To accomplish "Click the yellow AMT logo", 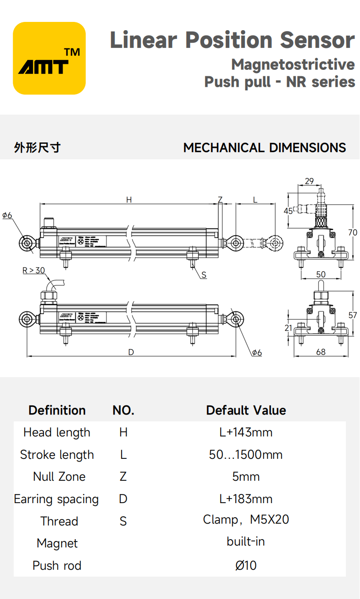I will pyautogui.click(x=49, y=58).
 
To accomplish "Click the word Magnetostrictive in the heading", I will pyautogui.click(x=293, y=64).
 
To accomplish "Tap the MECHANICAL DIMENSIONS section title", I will pyautogui.click(x=265, y=148).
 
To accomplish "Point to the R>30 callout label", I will pyautogui.click(x=34, y=270).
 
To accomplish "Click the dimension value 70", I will pyautogui.click(x=353, y=232).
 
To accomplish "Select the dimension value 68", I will pyautogui.click(x=321, y=352).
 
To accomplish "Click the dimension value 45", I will pyautogui.click(x=288, y=211).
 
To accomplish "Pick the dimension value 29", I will pyautogui.click(x=309, y=181).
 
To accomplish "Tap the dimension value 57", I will pyautogui.click(x=353, y=315).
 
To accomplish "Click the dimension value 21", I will pyautogui.click(x=288, y=328).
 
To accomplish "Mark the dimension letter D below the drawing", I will pyautogui.click(x=131, y=352).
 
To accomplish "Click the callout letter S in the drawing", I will pyautogui.click(x=204, y=275).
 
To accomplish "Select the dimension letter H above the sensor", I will pyautogui.click(x=129, y=200).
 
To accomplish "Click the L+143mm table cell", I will pyautogui.click(x=246, y=432).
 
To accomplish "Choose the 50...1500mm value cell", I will pyautogui.click(x=246, y=455).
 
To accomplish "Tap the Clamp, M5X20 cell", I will pyautogui.click(x=246, y=520).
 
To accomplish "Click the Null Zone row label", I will pyautogui.click(x=59, y=477).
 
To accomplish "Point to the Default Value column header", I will pyautogui.click(x=246, y=410).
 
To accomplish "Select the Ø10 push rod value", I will pyautogui.click(x=246, y=566).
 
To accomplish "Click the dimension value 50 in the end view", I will pyautogui.click(x=321, y=274).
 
